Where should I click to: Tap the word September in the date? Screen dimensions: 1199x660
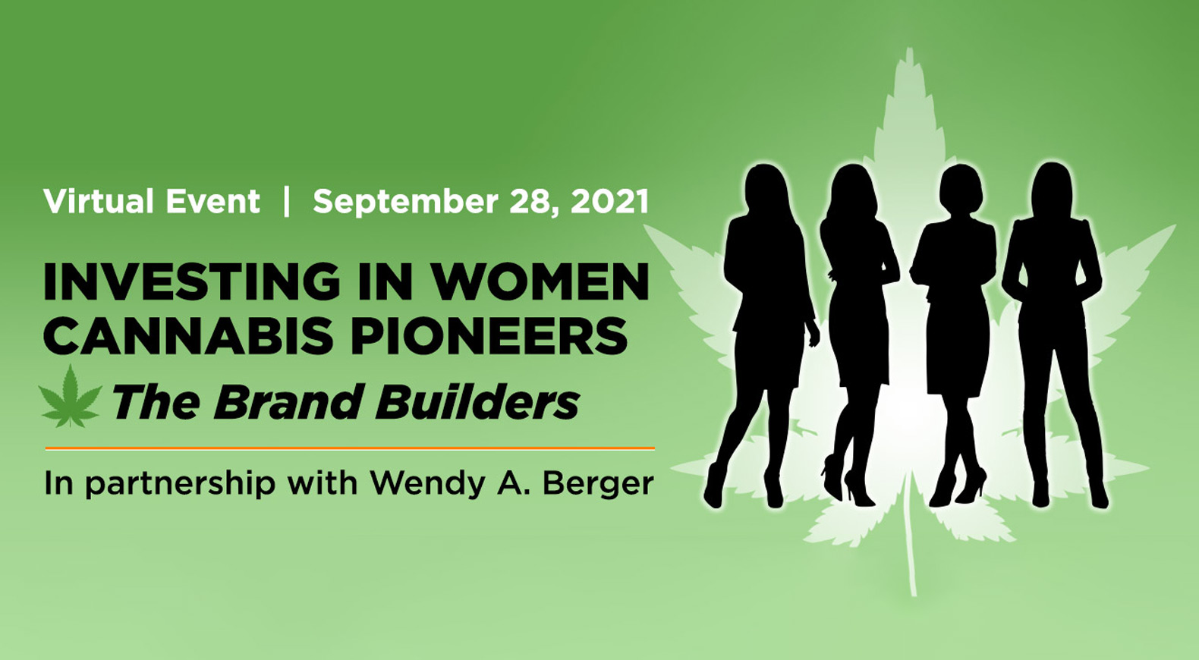pyautogui.click(x=406, y=203)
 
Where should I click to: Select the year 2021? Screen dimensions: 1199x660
pyautogui.click(x=609, y=201)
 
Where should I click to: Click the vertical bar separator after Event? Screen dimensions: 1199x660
pyautogui.click(x=287, y=201)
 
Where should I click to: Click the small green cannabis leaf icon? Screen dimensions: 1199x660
pyautogui.click(x=71, y=398)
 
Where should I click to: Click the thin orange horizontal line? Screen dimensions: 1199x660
pyautogui.click(x=350, y=448)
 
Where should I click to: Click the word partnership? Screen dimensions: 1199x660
pyautogui.click(x=180, y=485)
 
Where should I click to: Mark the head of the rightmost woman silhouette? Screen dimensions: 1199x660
pyautogui.click(x=1052, y=187)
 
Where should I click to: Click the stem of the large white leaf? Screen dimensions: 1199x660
pyautogui.click(x=909, y=536)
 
